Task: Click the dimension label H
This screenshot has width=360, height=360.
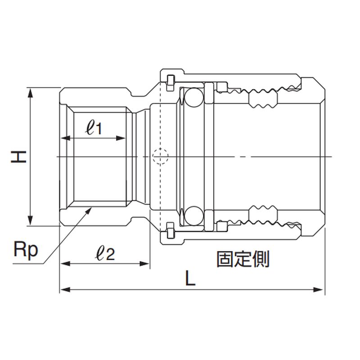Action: click(x=19, y=156)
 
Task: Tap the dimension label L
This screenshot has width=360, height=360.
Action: click(x=191, y=279)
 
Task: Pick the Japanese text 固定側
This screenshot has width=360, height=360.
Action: click(x=243, y=259)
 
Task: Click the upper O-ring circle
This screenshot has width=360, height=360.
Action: click(x=193, y=97)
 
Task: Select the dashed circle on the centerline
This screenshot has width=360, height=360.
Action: click(x=160, y=156)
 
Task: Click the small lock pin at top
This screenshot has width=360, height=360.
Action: click(x=170, y=81)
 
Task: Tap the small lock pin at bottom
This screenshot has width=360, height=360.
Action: click(x=170, y=231)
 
